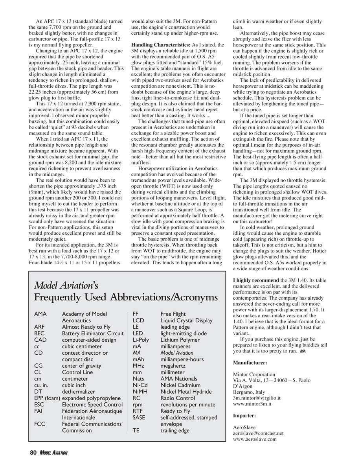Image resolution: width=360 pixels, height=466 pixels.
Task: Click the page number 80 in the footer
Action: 33,453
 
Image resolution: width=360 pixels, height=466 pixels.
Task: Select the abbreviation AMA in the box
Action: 40,314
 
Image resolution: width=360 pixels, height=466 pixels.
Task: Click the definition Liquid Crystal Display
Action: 186,320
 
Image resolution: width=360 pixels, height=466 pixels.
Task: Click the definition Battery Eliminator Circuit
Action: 92,333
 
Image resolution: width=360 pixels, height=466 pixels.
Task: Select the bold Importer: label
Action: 244,415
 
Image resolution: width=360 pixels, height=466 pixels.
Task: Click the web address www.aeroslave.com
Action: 255,439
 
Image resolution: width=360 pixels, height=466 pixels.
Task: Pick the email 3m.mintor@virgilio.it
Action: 256,398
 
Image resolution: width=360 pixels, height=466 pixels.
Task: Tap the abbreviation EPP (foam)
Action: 47,398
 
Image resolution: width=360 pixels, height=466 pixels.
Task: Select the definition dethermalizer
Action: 79,392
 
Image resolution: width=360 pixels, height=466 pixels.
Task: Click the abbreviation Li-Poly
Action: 141,340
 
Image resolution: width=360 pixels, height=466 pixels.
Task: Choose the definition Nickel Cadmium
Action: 180,385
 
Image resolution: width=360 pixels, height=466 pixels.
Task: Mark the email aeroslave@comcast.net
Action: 258,433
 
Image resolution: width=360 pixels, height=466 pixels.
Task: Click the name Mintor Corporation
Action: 254,375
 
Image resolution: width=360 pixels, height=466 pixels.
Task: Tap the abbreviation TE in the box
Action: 136,430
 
